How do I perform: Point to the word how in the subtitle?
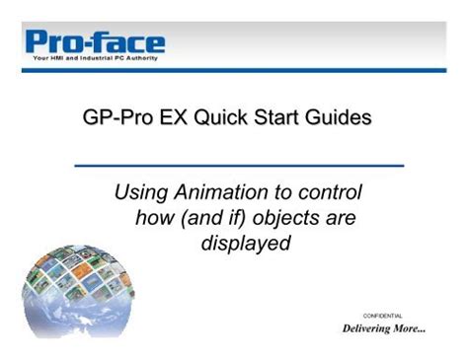[154, 216]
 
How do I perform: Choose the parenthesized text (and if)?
[211, 216]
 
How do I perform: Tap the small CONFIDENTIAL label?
[382, 316]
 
